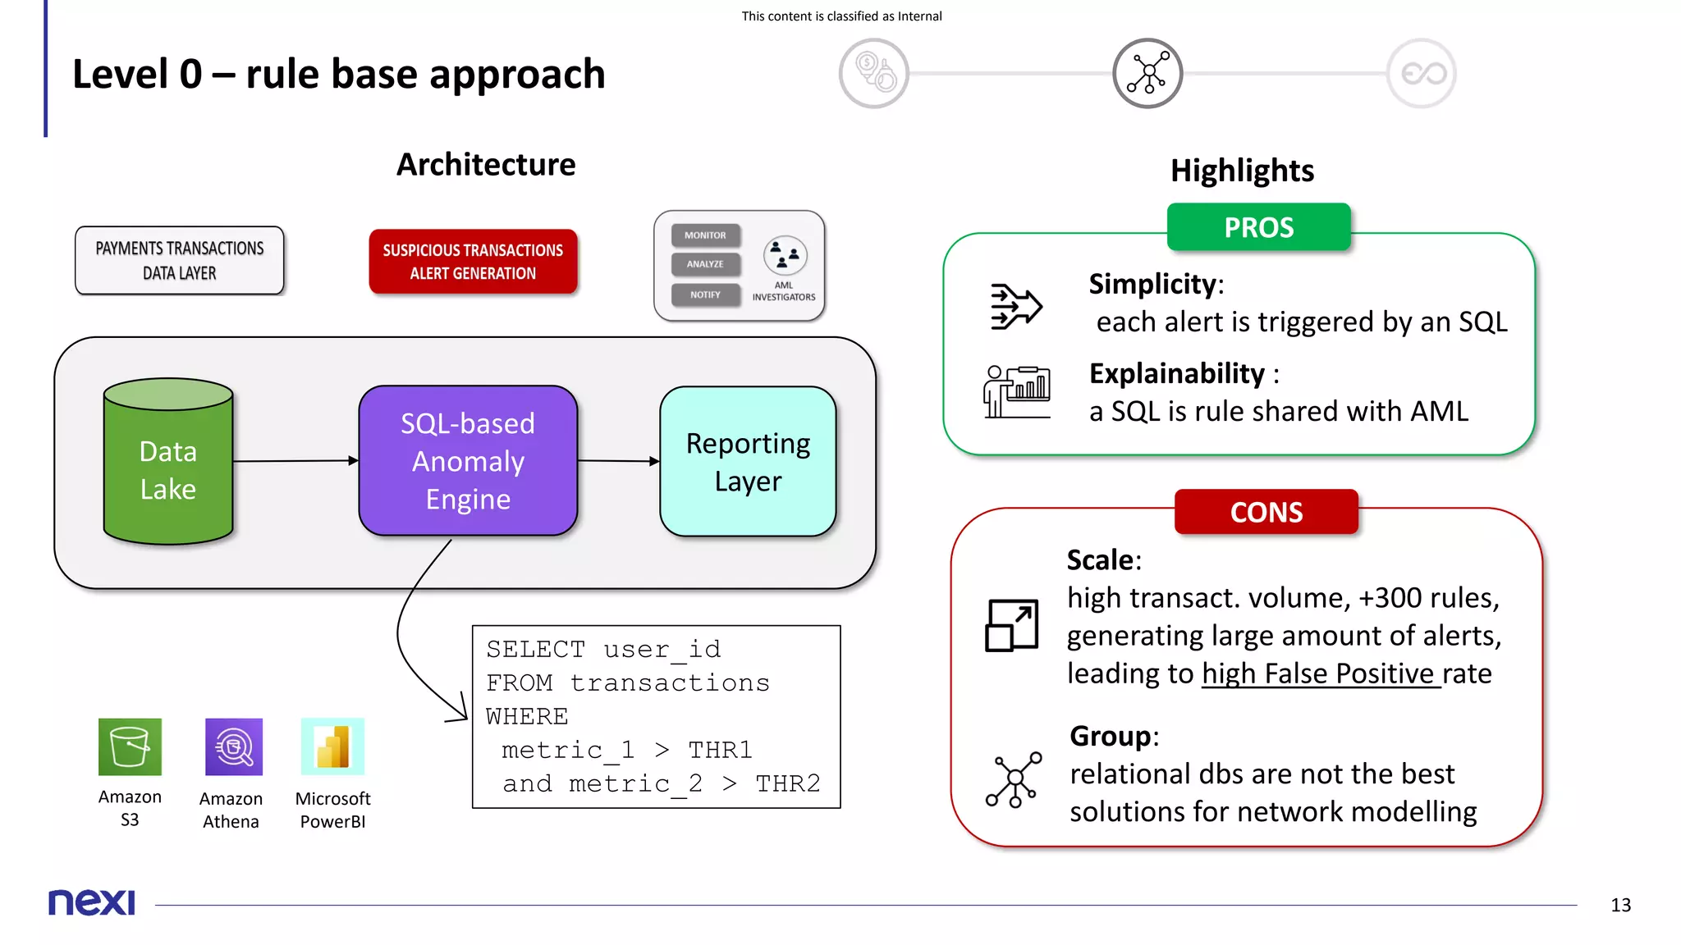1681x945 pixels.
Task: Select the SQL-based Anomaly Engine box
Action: click(468, 461)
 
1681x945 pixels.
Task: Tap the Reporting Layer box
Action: click(748, 462)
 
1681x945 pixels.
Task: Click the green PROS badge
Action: click(1258, 227)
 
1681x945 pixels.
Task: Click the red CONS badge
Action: click(1266, 512)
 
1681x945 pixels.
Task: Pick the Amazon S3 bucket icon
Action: click(130, 746)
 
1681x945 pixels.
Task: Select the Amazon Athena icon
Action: click(234, 746)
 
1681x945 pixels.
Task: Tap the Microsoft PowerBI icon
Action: click(332, 746)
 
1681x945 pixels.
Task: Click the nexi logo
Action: click(91, 902)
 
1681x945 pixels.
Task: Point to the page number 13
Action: click(1620, 905)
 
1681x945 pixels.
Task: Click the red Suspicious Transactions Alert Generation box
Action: click(473, 262)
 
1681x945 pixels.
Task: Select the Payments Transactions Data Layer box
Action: click(180, 261)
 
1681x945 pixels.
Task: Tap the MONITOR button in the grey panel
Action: click(705, 235)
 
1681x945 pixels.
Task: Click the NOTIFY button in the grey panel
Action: click(705, 294)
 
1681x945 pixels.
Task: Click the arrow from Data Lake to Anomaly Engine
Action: click(295, 461)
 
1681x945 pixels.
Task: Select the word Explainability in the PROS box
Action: click(1176, 373)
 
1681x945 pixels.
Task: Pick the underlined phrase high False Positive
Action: click(1320, 673)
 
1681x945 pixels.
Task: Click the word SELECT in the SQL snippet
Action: click(535, 649)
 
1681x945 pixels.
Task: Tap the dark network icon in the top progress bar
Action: click(1147, 73)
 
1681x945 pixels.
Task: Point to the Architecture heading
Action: click(486, 164)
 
